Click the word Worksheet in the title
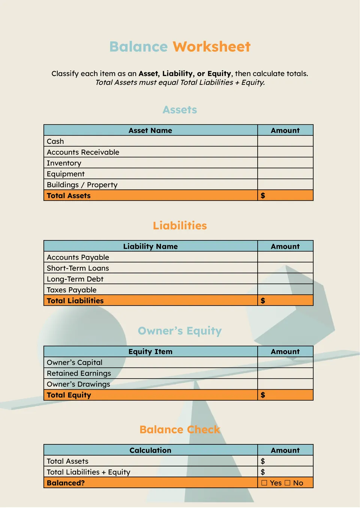pyautogui.click(x=211, y=47)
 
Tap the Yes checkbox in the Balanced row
pyautogui.click(x=264, y=483)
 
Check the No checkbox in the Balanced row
pyautogui.click(x=288, y=483)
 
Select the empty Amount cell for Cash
pyautogui.click(x=285, y=141)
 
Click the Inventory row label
pyautogui.click(x=64, y=163)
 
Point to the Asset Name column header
pyautogui.click(x=150, y=130)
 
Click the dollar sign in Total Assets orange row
pyautogui.click(x=263, y=196)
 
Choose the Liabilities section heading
pyautogui.click(x=180, y=226)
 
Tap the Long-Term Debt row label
pyautogui.click(x=75, y=279)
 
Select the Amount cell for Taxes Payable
pyautogui.click(x=285, y=290)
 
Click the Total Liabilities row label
pyautogui.click(x=75, y=301)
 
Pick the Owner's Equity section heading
pyautogui.click(x=180, y=331)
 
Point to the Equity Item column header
pyautogui.click(x=150, y=351)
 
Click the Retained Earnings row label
pyautogui.click(x=79, y=374)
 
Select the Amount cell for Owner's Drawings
pyautogui.click(x=285, y=384)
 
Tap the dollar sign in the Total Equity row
pyautogui.click(x=263, y=395)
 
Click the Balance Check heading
pyautogui.click(x=180, y=430)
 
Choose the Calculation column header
pyautogui.click(x=150, y=450)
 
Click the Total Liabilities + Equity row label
pyautogui.click(x=88, y=472)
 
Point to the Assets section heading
pyautogui.click(x=180, y=110)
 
